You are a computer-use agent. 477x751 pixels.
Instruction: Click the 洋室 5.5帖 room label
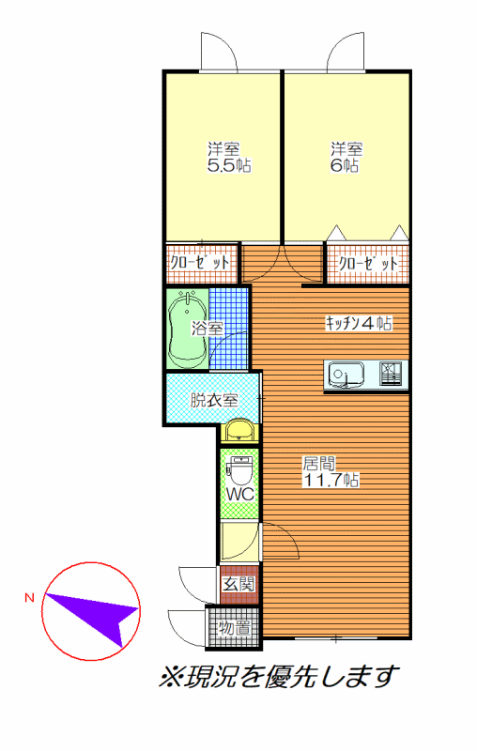(x=229, y=157)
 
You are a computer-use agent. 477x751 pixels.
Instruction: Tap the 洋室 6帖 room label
(x=346, y=157)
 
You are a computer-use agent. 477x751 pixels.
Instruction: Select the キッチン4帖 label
(x=359, y=323)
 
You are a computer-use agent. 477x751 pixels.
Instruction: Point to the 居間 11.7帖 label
(x=331, y=472)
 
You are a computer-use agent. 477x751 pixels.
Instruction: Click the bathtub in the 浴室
(x=188, y=330)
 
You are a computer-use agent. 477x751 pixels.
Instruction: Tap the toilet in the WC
(x=240, y=470)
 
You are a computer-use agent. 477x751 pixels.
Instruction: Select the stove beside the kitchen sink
(x=391, y=374)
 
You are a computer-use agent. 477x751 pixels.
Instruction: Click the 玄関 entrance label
(x=239, y=584)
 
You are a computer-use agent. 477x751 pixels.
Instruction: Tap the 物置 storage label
(x=235, y=628)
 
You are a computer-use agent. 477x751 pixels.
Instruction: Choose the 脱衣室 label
(x=214, y=400)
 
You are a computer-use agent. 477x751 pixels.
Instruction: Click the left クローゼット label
(x=200, y=263)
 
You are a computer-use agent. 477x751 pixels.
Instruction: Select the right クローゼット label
(x=368, y=264)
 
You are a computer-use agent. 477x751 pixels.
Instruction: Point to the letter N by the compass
(x=30, y=597)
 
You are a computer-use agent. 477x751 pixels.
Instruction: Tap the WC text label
(x=240, y=495)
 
